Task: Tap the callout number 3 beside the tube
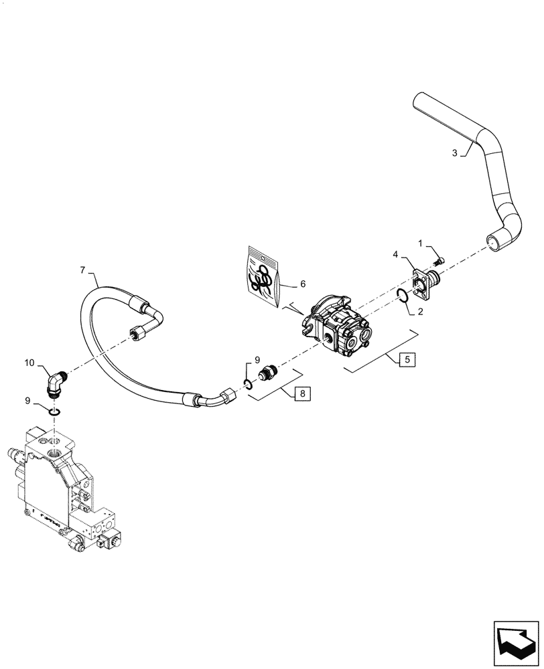click(455, 153)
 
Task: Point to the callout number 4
click(395, 254)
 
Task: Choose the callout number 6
click(302, 284)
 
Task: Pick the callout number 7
click(84, 271)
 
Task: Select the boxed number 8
click(302, 393)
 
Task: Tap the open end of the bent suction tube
click(494, 244)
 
